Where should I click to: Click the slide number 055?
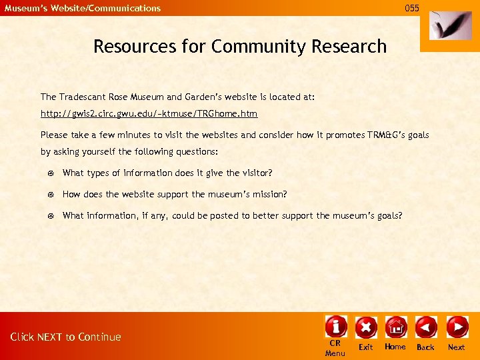tap(412, 8)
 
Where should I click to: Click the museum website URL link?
tap(149, 114)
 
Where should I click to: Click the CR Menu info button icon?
tap(335, 327)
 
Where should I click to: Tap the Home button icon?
tap(395, 327)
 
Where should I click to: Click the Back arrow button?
tap(425, 327)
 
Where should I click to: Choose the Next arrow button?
tap(457, 327)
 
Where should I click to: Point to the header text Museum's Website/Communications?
tap(83, 8)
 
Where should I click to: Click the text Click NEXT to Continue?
tap(65, 337)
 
